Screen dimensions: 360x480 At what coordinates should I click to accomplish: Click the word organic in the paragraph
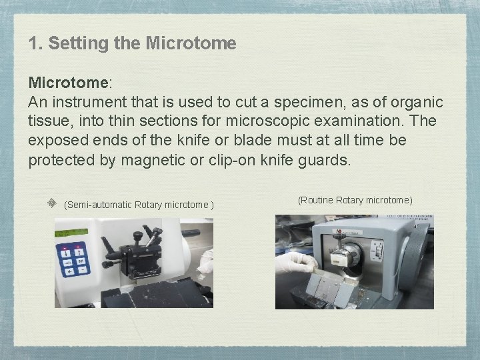tap(417, 103)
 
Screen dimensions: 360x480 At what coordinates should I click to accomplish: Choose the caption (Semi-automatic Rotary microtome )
tap(139, 205)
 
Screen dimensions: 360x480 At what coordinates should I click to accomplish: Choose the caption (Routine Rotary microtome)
tap(355, 200)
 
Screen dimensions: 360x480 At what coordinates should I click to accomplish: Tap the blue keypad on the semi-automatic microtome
tap(74, 261)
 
